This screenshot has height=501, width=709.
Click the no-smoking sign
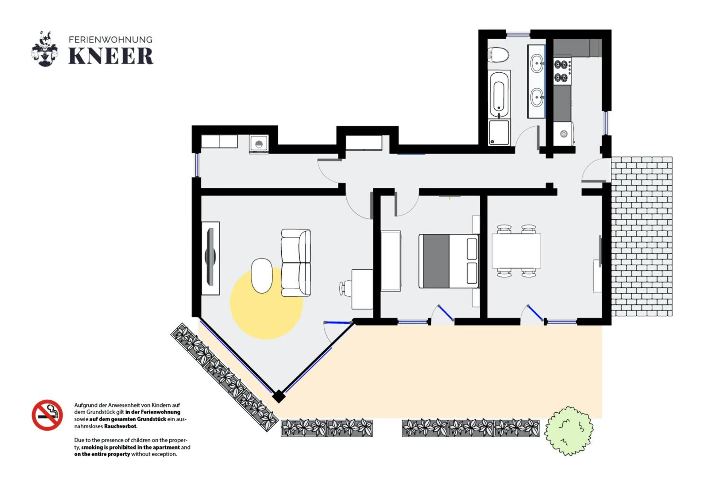[x=47, y=415]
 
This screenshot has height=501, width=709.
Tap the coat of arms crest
[x=45, y=48]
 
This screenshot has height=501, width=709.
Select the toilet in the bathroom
[x=498, y=55]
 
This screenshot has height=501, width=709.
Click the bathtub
[x=499, y=94]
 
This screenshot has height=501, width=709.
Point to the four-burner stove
[x=562, y=71]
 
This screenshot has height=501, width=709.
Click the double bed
[x=448, y=261]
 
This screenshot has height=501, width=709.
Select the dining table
[x=516, y=251]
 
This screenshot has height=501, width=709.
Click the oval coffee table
[x=262, y=276]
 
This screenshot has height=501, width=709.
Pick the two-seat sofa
[x=296, y=263]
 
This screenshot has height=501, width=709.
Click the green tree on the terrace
[x=568, y=431]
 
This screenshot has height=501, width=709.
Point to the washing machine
[x=259, y=144]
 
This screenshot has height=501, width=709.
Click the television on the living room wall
[x=210, y=257]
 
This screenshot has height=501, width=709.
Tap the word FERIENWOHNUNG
[x=111, y=39]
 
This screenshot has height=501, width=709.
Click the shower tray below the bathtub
[x=499, y=132]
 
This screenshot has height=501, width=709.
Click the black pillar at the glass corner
[x=279, y=396]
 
